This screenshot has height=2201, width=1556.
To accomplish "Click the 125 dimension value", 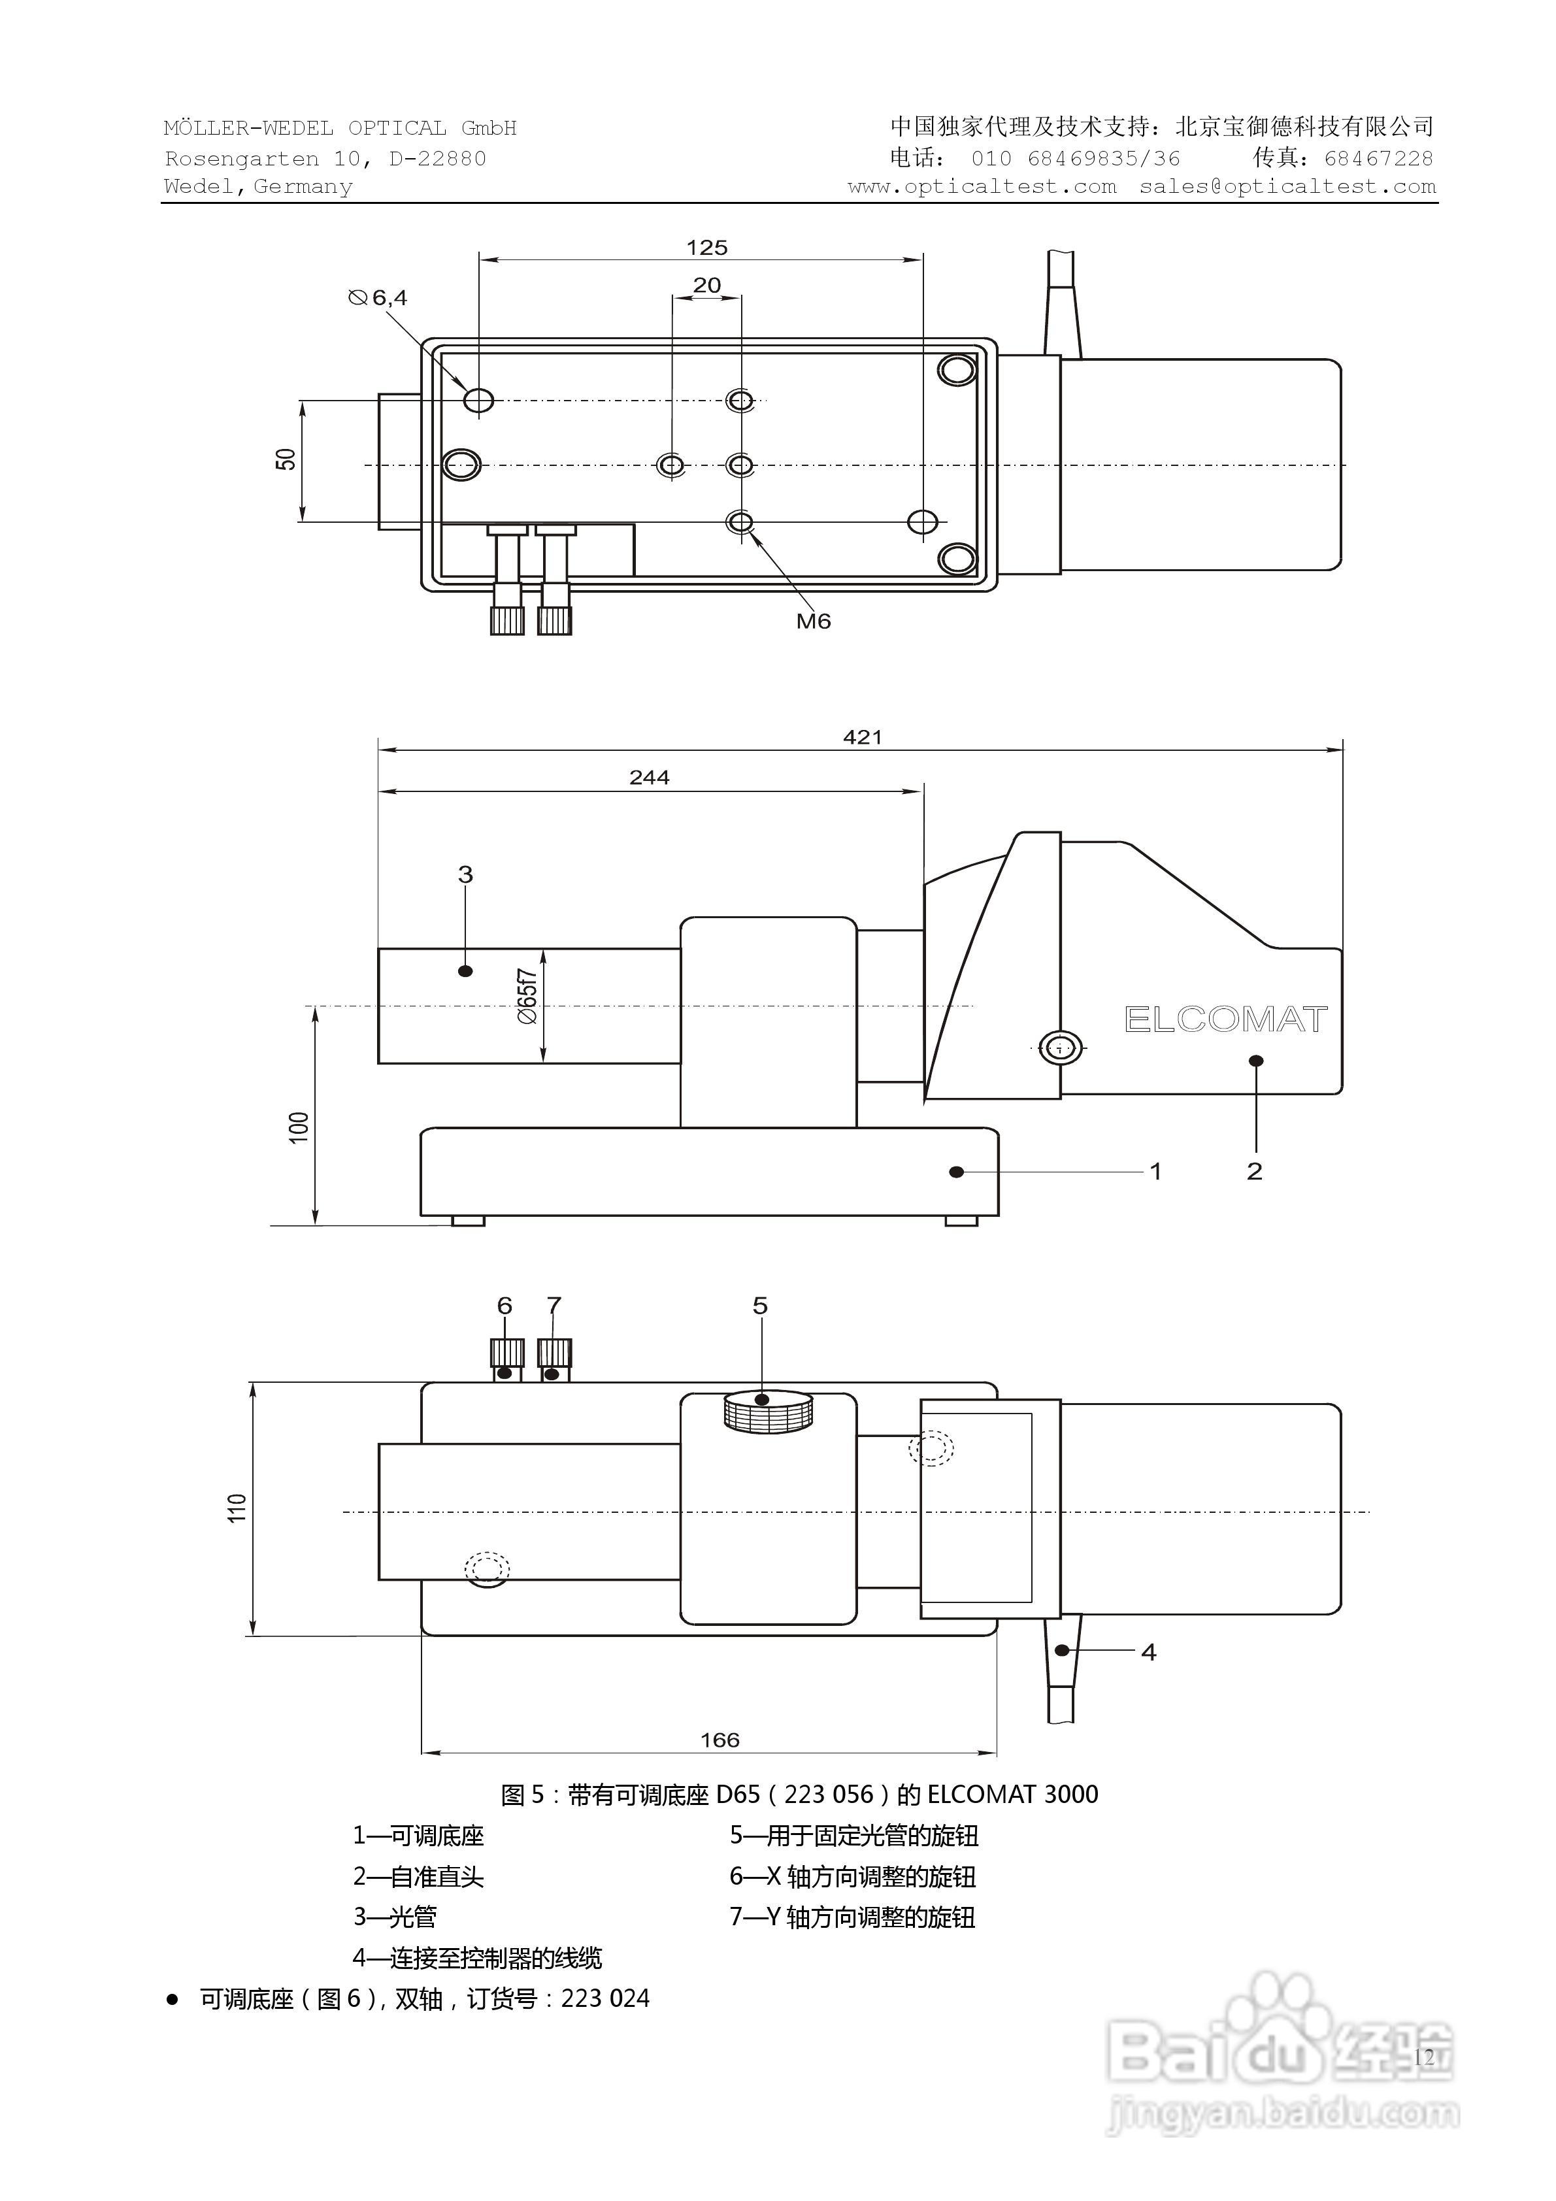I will click(x=706, y=247).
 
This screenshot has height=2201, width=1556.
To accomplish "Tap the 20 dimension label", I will click(x=706, y=285).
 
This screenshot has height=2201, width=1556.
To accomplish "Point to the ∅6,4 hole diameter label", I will click(x=378, y=298).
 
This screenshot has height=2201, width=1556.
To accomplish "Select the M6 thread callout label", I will click(x=813, y=621).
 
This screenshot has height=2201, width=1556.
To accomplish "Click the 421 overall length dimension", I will click(x=862, y=737).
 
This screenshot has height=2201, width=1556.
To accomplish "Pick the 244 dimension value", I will click(x=649, y=778).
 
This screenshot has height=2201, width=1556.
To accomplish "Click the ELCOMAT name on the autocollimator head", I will click(x=1225, y=1020).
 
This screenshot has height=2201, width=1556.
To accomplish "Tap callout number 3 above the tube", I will click(x=466, y=874).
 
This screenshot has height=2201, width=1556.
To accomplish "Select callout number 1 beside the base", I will click(x=1155, y=1172).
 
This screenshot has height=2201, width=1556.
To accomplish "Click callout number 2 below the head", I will click(x=1254, y=1172).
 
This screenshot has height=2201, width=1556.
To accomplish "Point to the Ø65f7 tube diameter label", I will click(x=527, y=997).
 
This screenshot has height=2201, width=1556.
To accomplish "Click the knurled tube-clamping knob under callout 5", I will click(x=768, y=1412).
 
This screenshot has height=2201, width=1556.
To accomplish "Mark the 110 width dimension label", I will click(x=238, y=1508).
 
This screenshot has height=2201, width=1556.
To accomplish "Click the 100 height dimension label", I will click(x=299, y=1127).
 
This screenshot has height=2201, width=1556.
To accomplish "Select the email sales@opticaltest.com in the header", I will click(x=1287, y=187).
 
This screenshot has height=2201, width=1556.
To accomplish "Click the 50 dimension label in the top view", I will click(x=286, y=459).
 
